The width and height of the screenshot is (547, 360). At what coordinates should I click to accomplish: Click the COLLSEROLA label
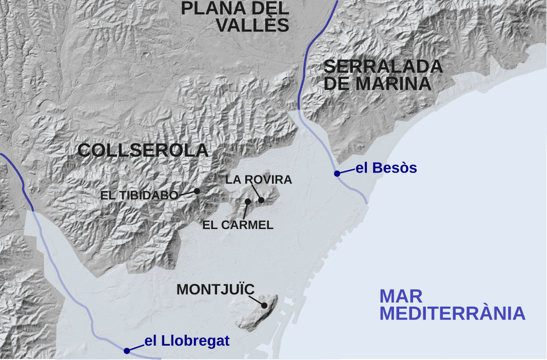point(143,150)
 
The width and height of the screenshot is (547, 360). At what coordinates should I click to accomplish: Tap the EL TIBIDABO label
point(140,195)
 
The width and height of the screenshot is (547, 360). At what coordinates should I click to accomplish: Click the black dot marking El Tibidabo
point(197,191)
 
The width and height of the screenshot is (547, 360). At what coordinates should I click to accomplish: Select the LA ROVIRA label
point(259,180)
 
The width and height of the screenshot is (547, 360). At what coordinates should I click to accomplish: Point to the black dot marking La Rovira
point(262,200)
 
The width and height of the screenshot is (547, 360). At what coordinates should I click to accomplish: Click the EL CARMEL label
point(238,225)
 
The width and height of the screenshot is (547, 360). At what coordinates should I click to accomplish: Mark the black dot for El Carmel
point(248,201)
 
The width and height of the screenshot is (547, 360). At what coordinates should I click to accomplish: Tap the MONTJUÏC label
point(216,290)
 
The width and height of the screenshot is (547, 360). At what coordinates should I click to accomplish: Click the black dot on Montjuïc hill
point(265,306)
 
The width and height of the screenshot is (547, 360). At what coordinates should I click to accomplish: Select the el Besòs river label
point(386,168)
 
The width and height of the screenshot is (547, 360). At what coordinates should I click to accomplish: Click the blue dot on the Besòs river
point(337,174)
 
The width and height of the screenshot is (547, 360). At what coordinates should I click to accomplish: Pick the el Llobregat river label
point(187,340)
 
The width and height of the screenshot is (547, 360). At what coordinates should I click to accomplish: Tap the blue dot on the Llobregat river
point(126,351)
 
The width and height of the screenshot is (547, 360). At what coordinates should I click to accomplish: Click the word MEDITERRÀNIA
point(453,313)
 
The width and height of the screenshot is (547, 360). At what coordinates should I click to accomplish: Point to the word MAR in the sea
point(401,296)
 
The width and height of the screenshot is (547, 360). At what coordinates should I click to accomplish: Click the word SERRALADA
point(383,67)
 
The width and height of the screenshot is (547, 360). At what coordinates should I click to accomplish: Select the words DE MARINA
point(378,84)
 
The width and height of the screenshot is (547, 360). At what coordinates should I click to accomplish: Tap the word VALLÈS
point(253,25)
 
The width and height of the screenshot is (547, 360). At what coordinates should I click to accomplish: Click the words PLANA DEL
point(236,8)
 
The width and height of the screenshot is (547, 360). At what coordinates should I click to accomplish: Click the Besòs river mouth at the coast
point(367,202)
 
